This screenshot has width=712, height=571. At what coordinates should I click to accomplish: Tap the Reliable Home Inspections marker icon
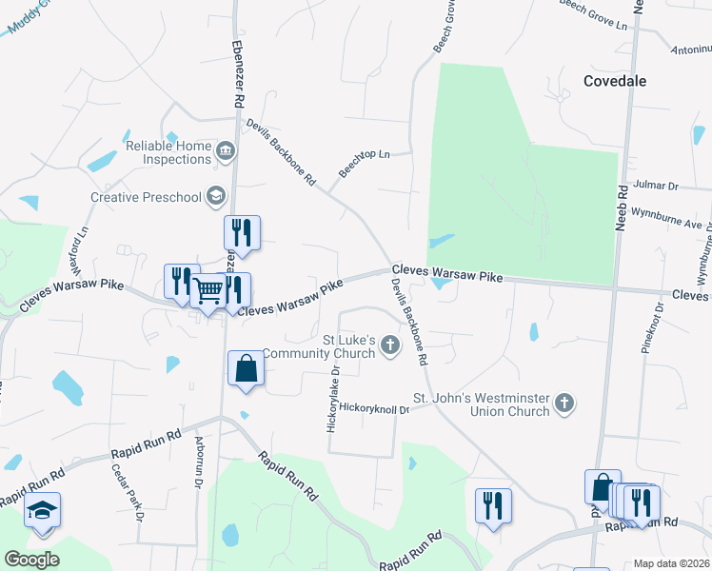[x=226, y=149]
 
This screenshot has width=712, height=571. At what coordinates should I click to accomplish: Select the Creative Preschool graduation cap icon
[x=216, y=196]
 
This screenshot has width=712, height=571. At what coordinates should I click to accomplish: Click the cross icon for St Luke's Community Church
[x=389, y=345]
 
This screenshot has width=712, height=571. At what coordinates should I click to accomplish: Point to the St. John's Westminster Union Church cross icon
[x=564, y=403]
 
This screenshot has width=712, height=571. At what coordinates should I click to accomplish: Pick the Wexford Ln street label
[x=83, y=245]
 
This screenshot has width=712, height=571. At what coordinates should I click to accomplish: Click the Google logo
[x=32, y=560]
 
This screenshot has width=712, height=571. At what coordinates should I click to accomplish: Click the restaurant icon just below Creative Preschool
[x=242, y=231]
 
